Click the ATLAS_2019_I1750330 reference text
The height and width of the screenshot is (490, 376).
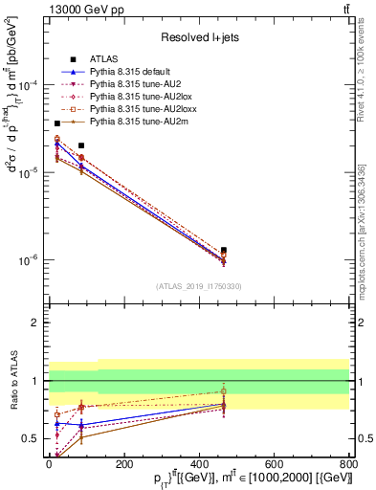point(198,286)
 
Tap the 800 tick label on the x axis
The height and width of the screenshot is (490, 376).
point(348,464)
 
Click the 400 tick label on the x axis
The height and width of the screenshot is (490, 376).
point(198,464)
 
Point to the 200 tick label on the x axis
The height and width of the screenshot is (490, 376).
point(123,464)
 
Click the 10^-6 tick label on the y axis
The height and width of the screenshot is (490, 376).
point(30,260)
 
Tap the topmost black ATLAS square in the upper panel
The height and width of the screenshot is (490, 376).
point(57,123)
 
